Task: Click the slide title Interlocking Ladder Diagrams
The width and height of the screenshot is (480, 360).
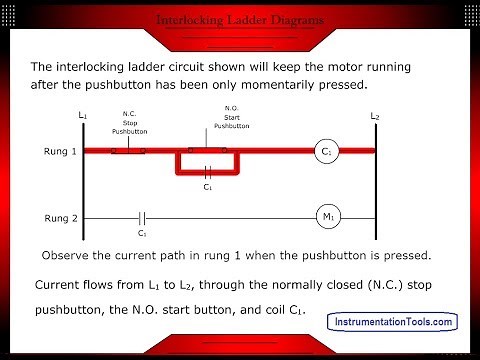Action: (240, 19)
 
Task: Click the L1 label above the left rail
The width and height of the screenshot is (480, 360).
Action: (83, 116)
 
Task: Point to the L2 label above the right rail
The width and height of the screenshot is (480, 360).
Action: (374, 116)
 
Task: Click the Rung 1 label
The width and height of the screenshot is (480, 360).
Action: (45, 152)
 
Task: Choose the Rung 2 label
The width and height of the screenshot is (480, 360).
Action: (45, 217)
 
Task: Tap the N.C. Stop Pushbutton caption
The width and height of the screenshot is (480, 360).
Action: (129, 123)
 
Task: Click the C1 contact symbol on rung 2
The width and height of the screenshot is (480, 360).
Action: (142, 217)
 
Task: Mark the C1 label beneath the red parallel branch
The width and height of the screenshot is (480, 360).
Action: (207, 186)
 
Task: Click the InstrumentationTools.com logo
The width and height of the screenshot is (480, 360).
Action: (393, 321)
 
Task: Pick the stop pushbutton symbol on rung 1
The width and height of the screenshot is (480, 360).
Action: (128, 151)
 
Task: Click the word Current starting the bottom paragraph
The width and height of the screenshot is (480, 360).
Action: (62, 285)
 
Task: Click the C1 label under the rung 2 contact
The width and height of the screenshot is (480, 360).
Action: (143, 234)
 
